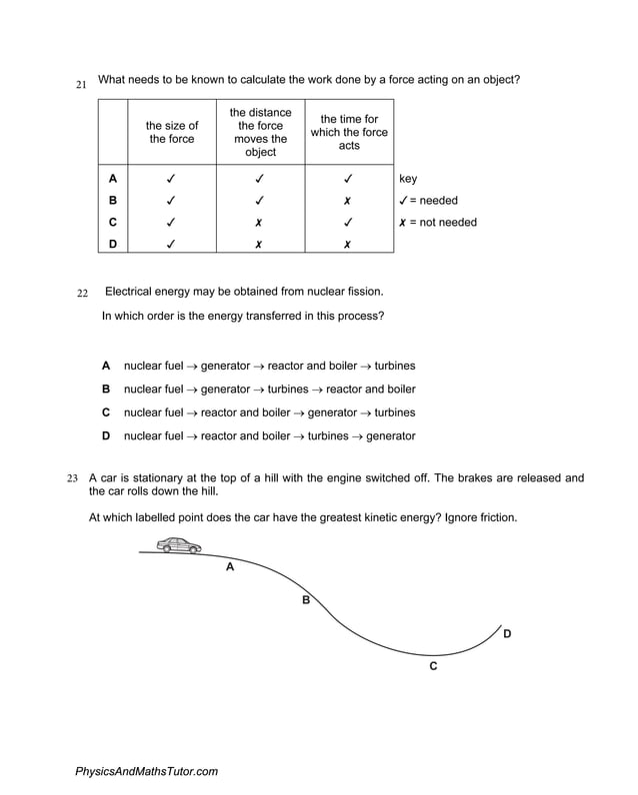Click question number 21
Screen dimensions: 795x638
pyautogui.click(x=81, y=85)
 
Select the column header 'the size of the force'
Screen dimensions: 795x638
pyautogui.click(x=172, y=133)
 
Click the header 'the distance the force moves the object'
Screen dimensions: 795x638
pyautogui.click(x=260, y=133)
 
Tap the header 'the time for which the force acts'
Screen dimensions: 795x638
pyautogui.click(x=349, y=133)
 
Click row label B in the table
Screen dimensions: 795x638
pyautogui.click(x=113, y=201)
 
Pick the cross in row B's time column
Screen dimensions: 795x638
pyautogui.click(x=347, y=201)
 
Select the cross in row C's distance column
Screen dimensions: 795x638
pyautogui.click(x=258, y=223)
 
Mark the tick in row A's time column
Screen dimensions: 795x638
pyautogui.click(x=347, y=180)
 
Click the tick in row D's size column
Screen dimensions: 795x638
pyautogui.click(x=171, y=245)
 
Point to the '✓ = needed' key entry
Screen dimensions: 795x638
pyautogui.click(x=428, y=201)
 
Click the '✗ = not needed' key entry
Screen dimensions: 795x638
pyautogui.click(x=437, y=223)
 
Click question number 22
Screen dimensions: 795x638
pyautogui.click(x=83, y=293)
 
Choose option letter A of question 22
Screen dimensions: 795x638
pyautogui.click(x=106, y=366)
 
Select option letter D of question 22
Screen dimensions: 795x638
pyautogui.click(x=106, y=436)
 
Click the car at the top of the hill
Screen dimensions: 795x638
pyautogui.click(x=179, y=545)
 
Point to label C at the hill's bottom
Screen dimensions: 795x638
pyautogui.click(x=433, y=666)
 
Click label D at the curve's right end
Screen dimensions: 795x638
pyautogui.click(x=507, y=633)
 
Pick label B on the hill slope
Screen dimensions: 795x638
pyautogui.click(x=306, y=600)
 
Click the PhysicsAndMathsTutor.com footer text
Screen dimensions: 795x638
pyautogui.click(x=146, y=771)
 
